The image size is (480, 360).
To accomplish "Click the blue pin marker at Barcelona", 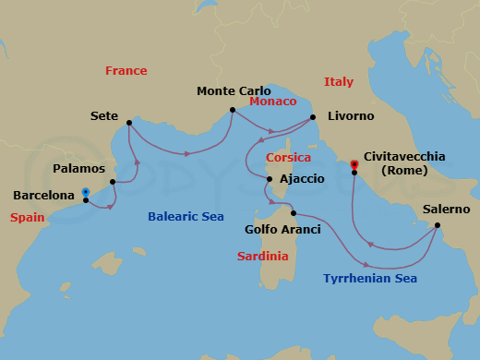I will (85, 192).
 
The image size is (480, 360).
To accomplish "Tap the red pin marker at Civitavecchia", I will (354, 166).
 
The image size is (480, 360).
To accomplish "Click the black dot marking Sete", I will (128, 123).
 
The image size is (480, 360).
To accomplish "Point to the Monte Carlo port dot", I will (231, 111).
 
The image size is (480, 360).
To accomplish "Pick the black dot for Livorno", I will (313, 117).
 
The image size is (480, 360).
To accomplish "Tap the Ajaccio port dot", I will (269, 178).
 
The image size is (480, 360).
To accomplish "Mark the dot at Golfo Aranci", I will (294, 212).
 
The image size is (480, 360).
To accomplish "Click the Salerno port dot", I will (438, 225).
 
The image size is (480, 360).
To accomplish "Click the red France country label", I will (126, 71).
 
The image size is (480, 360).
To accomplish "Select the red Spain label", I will (28, 218).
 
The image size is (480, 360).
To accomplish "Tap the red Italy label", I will (339, 82).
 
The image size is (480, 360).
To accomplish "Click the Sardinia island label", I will (262, 256).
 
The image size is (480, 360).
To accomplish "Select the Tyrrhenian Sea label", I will (370, 278).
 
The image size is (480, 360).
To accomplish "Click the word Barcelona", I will (44, 196).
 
